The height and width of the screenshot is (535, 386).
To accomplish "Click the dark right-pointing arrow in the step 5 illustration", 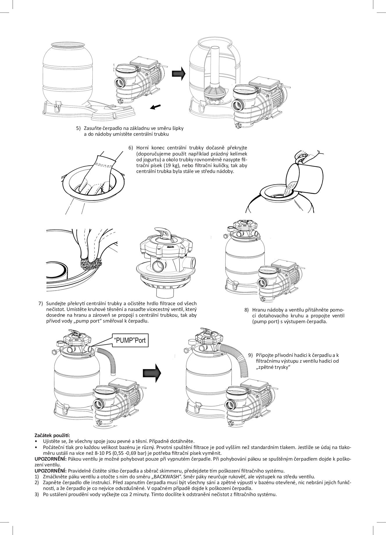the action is [x=178, y=74].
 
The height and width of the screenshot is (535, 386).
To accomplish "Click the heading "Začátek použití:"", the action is [x=52, y=435].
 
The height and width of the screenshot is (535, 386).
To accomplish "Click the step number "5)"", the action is [x=78, y=128].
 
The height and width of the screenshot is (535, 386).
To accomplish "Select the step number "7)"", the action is [x=41, y=303].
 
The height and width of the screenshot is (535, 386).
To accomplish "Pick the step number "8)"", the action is [x=247, y=310].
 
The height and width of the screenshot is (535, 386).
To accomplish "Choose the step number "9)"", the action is [x=251, y=355].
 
